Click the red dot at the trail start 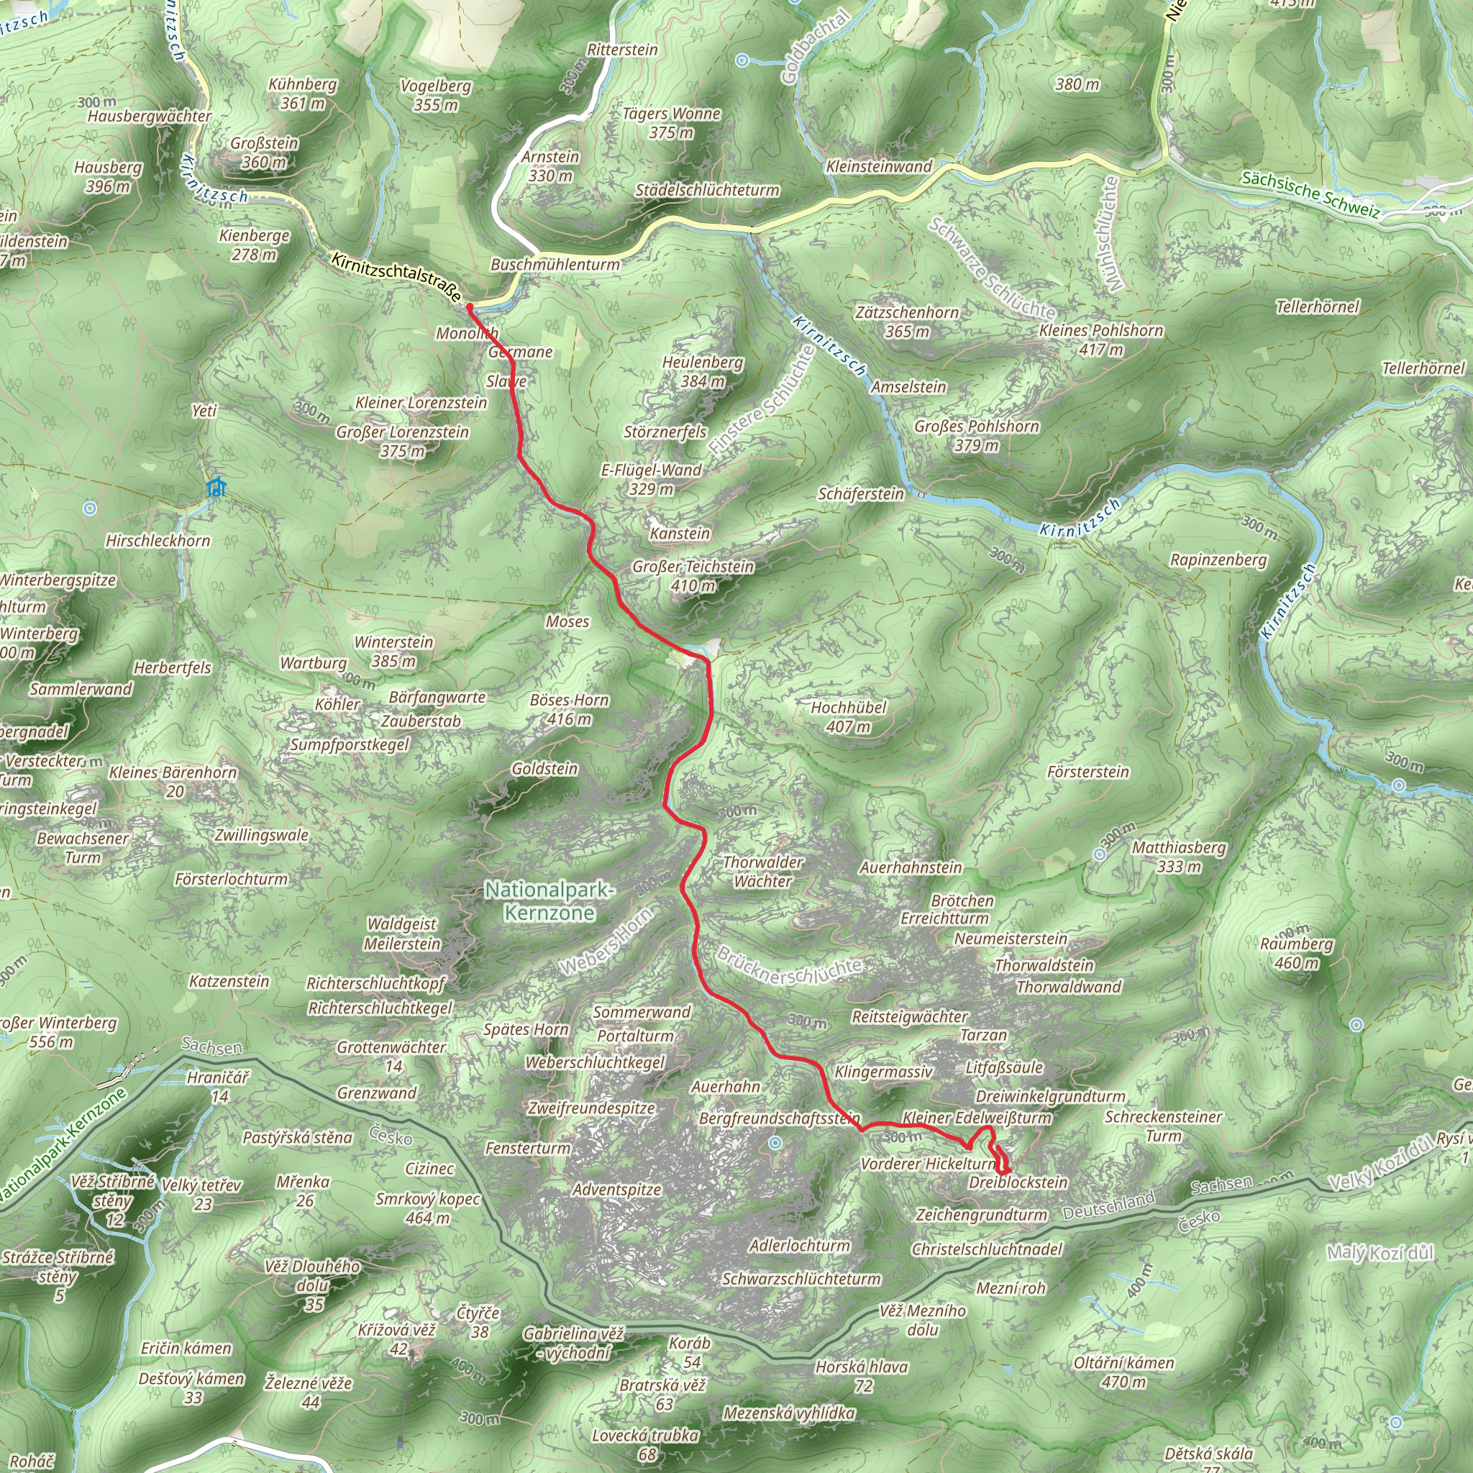coord(470,307)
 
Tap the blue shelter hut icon coord(217,486)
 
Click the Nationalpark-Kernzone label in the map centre coord(549,900)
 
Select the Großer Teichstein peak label coord(693,575)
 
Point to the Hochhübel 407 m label coord(849,716)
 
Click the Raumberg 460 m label coord(1296,953)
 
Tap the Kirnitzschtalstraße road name coord(396,278)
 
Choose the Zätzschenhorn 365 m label coord(907,321)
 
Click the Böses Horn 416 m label coord(570,709)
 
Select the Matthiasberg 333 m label coord(1179,856)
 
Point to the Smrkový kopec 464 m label coord(428,1208)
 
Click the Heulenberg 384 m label coord(702,371)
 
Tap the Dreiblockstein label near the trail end coord(1018,1182)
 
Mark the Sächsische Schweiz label coord(1310,193)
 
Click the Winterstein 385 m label coord(393,651)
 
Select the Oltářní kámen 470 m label coord(1124,1372)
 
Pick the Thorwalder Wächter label coord(762,872)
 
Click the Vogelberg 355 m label coord(436,96)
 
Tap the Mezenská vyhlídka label coord(789,1413)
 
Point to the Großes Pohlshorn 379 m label coord(977,435)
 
